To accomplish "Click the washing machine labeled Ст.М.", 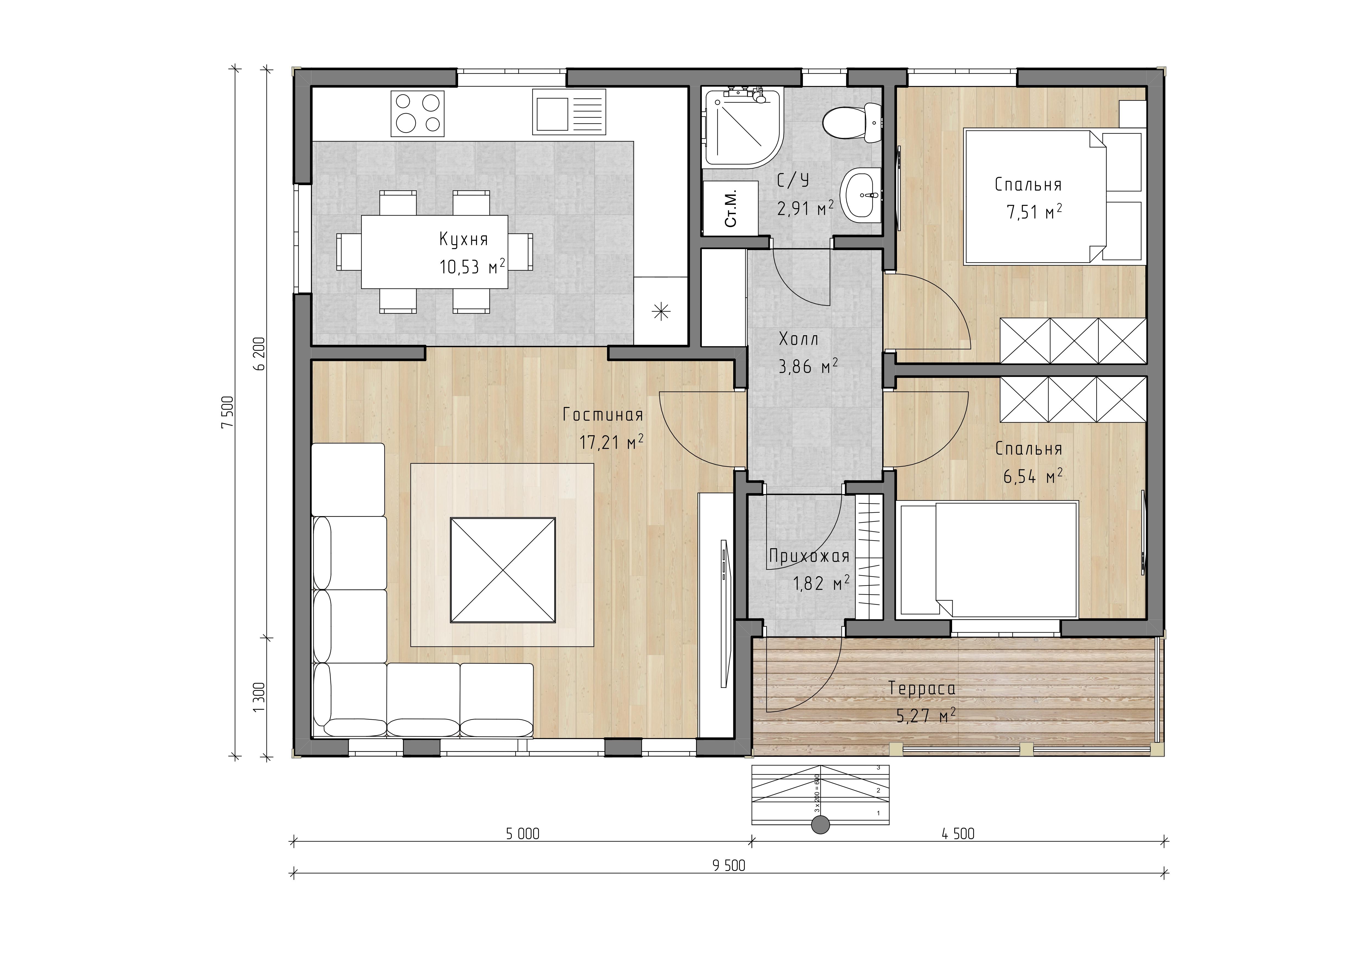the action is click(x=730, y=208).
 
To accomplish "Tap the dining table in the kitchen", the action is click(x=434, y=252).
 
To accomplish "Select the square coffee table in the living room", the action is click(x=503, y=570).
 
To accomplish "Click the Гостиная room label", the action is click(x=603, y=415).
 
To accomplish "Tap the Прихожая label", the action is click(x=809, y=556).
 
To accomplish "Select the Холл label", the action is click(x=799, y=339).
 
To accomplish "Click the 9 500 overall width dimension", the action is click(x=729, y=866).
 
